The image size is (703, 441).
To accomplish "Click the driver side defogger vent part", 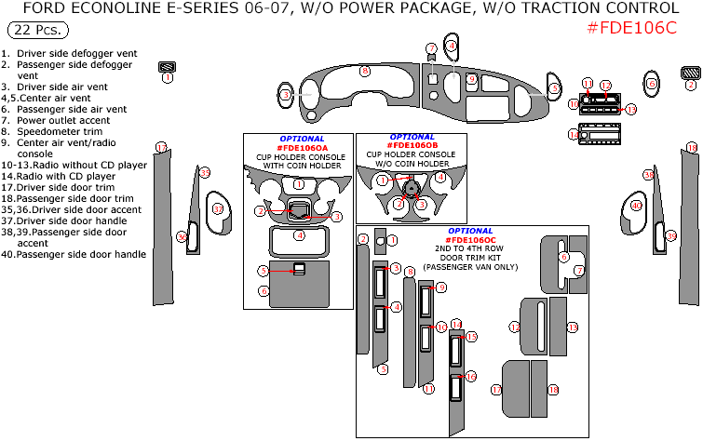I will (168, 67).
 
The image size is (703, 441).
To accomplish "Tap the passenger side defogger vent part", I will (690, 73).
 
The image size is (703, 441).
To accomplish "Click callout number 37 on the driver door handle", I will (219, 209).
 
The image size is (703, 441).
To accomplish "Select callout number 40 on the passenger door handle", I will (637, 206).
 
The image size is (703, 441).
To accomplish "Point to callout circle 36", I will (182, 237).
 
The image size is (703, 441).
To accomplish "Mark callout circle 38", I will (648, 175).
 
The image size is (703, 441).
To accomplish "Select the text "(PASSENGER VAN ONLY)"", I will (470, 267).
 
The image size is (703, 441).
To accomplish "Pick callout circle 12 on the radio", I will (605, 86).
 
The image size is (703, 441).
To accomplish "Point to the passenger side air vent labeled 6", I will (553, 89).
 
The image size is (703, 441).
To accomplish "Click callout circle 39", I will (671, 236).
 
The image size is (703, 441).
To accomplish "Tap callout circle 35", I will (205, 172).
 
